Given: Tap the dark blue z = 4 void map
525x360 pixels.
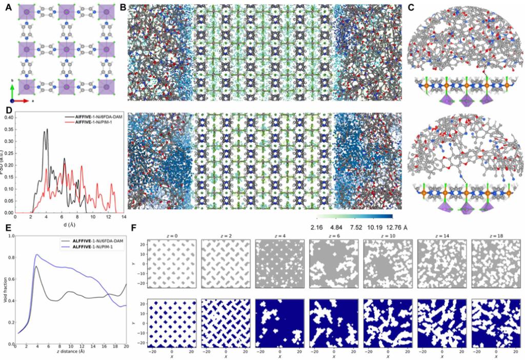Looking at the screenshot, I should click(x=279, y=323).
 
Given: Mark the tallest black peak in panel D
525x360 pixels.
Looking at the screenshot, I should click(x=47, y=129).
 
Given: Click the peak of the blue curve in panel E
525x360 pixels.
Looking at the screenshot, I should click(x=36, y=254).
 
